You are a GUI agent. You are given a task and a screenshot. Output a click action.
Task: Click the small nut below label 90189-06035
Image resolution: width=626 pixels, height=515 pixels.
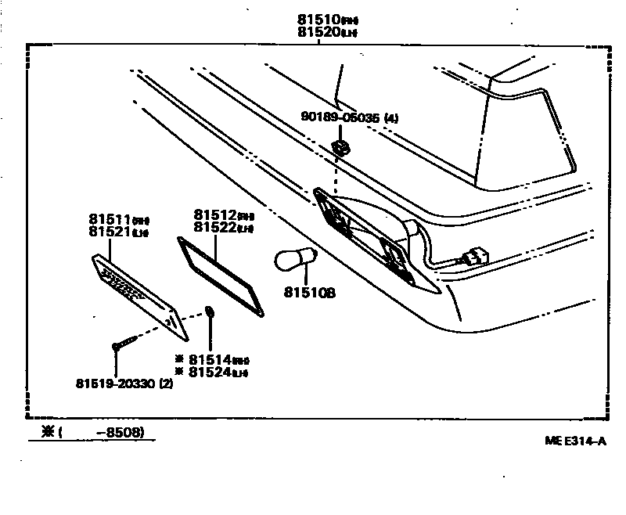(339, 146)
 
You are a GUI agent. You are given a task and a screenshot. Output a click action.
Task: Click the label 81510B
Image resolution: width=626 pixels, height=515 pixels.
(310, 294)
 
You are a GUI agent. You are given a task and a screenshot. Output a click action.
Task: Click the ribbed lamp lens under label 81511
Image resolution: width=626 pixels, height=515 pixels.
(139, 295)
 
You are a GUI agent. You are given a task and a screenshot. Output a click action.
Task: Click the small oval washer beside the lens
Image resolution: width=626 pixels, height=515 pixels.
(210, 313)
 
